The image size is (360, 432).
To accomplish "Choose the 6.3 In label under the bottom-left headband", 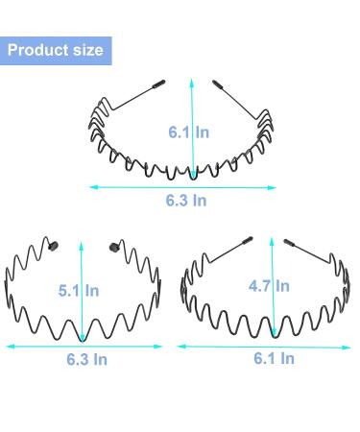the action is pos(83,357).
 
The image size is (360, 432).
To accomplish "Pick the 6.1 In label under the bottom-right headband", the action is pos(274,357).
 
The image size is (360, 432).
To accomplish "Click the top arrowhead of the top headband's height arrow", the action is pos(192,81).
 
